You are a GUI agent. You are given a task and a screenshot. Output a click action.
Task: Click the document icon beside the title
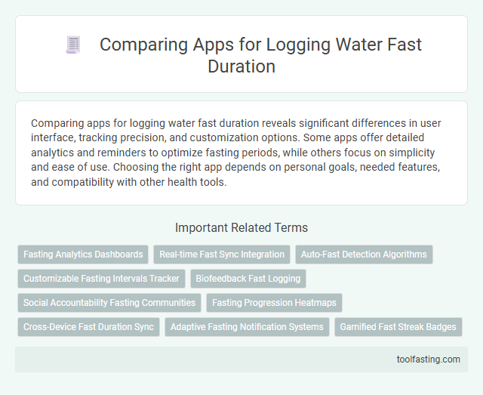(73, 45)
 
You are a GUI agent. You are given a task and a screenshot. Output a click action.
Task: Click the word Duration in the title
(241, 66)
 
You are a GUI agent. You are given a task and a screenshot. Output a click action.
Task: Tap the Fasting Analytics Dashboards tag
(82, 255)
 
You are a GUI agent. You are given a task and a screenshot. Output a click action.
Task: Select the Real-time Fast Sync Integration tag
(222, 255)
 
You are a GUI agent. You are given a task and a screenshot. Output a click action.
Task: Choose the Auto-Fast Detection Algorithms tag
(364, 255)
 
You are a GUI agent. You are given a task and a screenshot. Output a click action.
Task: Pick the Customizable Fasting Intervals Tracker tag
(101, 279)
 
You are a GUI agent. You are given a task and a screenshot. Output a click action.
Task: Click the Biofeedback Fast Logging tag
(248, 279)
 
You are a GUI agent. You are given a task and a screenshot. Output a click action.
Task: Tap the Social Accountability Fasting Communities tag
(109, 303)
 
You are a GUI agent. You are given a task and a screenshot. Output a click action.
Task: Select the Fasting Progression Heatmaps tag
(275, 303)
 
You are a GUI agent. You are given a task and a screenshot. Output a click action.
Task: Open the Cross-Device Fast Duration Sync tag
(88, 327)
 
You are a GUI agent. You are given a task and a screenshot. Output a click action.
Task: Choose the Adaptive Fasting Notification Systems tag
(247, 327)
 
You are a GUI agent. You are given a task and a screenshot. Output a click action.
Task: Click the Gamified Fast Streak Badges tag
(398, 327)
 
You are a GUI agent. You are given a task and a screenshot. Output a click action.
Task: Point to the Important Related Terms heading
(241, 227)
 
